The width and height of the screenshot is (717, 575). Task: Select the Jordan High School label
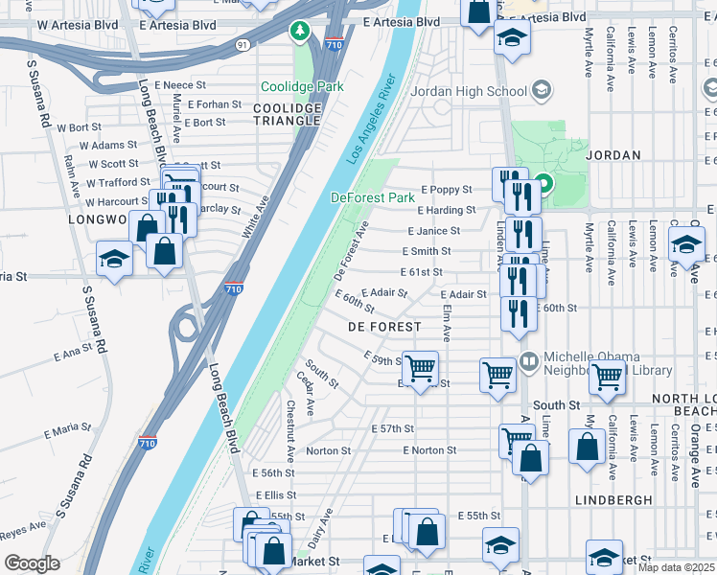(x=469, y=92)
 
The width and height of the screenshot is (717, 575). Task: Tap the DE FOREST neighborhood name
(x=383, y=327)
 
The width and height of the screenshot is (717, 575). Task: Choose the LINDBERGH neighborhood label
(x=614, y=500)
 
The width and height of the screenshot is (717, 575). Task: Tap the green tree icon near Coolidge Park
(x=300, y=32)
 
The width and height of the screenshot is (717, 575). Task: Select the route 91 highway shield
(x=243, y=44)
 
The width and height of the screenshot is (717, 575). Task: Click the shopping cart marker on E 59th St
(x=420, y=368)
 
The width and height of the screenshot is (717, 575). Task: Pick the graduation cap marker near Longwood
(x=114, y=259)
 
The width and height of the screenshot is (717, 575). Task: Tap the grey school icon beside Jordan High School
(x=541, y=91)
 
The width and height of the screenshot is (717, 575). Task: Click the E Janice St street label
(x=433, y=231)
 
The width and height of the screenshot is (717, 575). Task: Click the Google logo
(x=31, y=563)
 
